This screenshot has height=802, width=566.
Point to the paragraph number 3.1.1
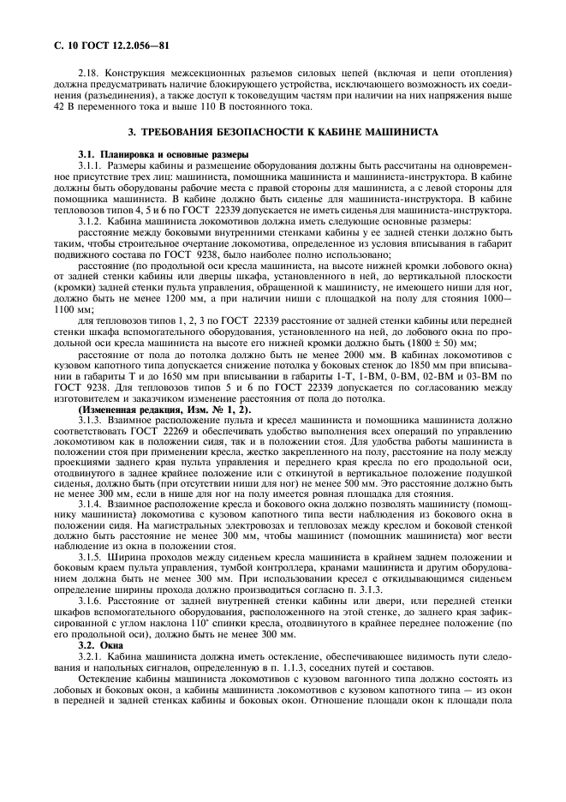coord(91,164)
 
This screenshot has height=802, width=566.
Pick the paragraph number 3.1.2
coord(91,222)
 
